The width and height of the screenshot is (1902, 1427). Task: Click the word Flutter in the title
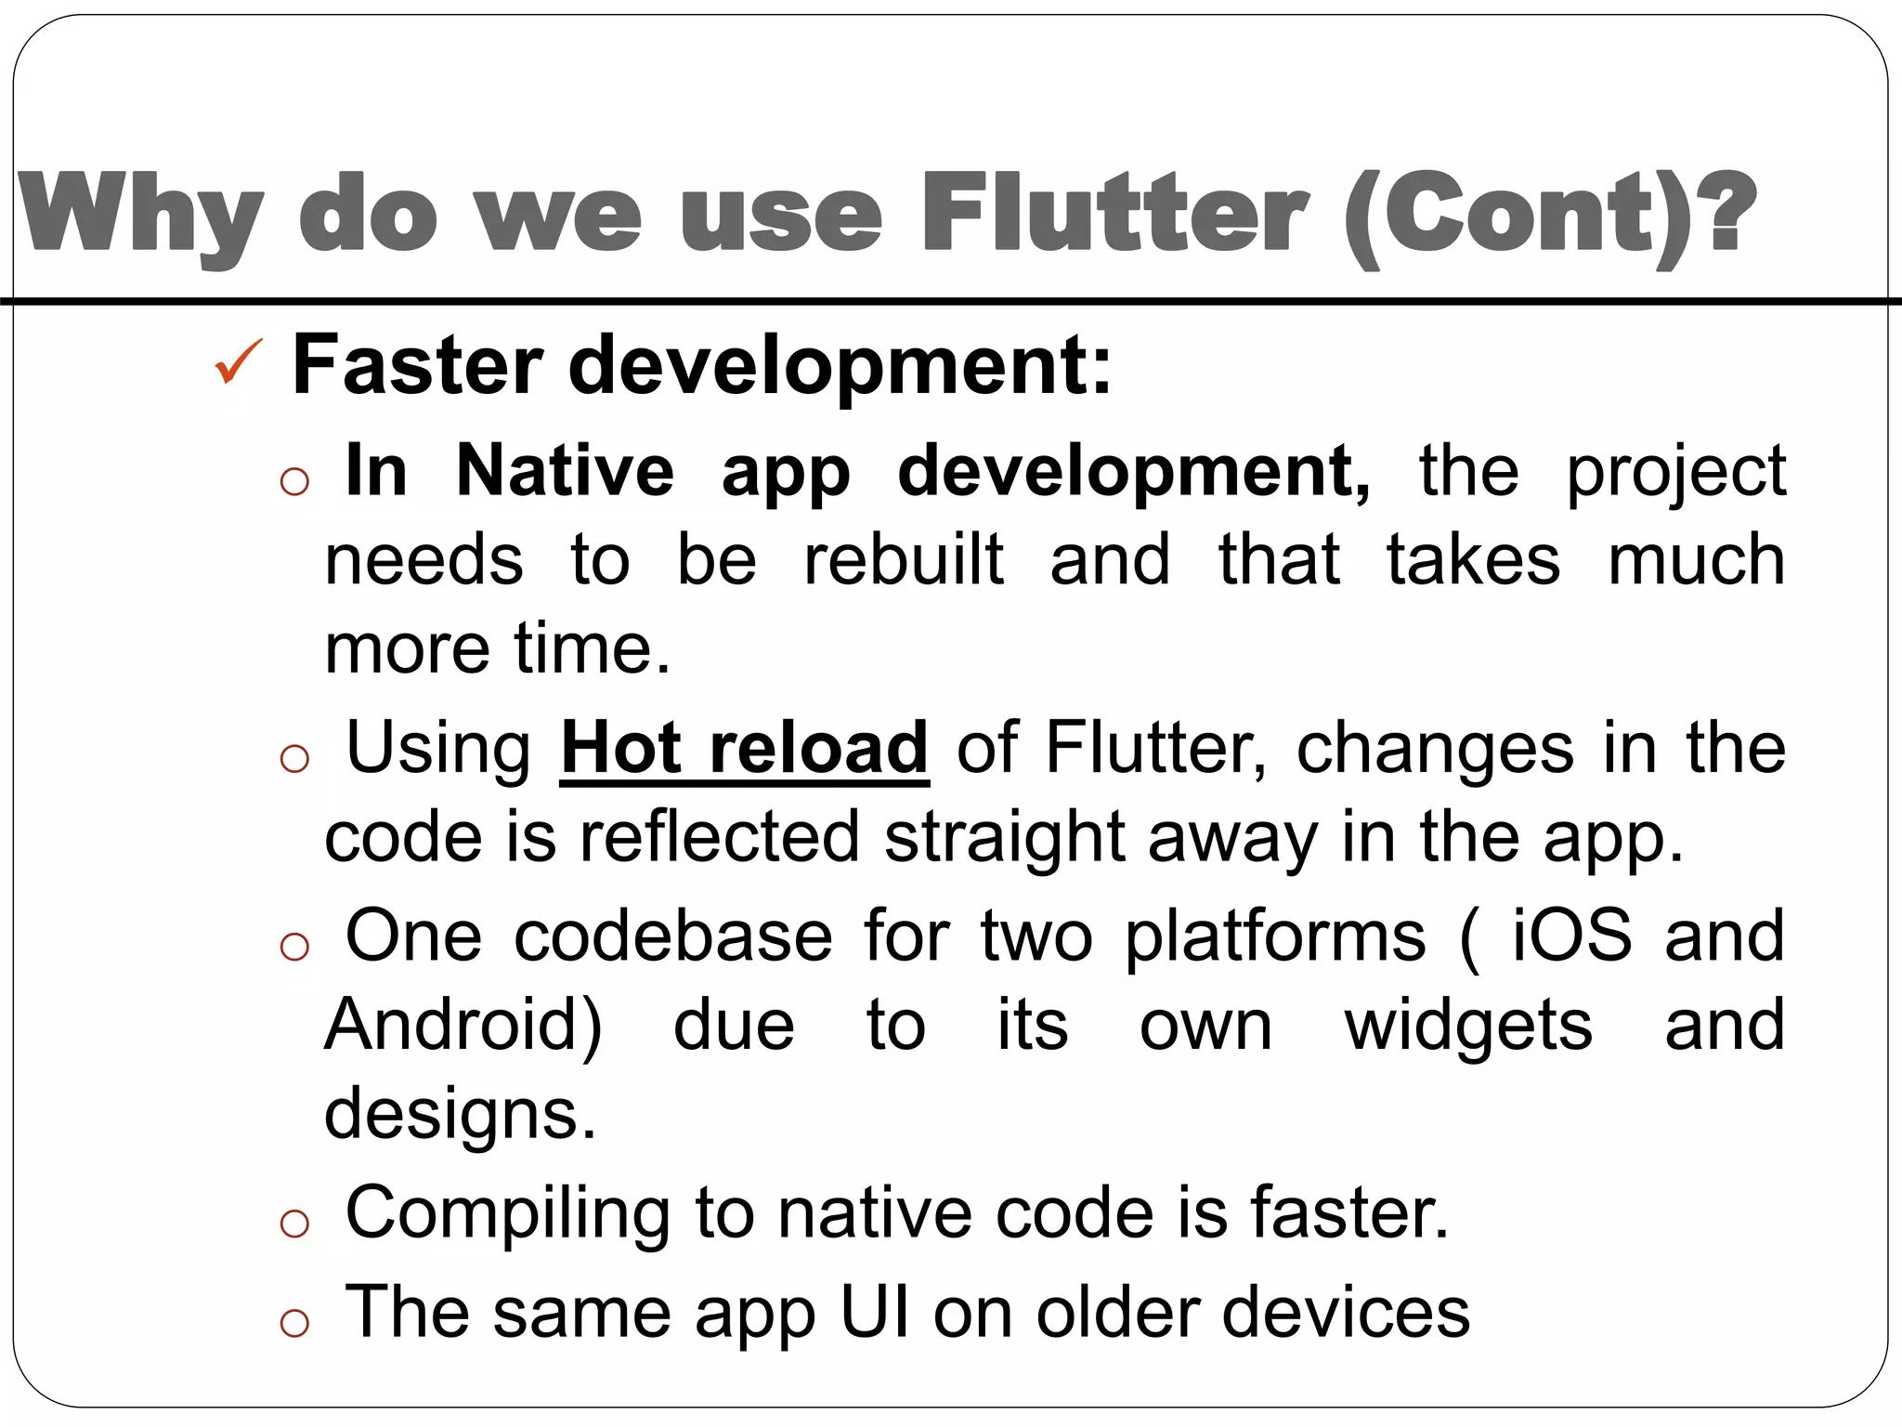point(1115,215)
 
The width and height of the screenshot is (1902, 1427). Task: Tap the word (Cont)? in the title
point(1550,216)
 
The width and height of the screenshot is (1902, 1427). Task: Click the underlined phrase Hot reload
point(744,748)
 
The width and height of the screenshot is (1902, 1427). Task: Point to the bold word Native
point(565,471)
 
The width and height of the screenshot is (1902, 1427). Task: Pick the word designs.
point(460,1113)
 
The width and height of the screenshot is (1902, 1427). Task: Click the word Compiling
point(508,1214)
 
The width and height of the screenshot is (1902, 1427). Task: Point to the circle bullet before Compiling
point(294,1224)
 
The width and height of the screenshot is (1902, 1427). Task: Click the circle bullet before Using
point(294,759)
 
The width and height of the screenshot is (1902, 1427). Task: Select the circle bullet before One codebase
point(294,947)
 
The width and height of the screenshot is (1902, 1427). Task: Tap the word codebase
point(673,936)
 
